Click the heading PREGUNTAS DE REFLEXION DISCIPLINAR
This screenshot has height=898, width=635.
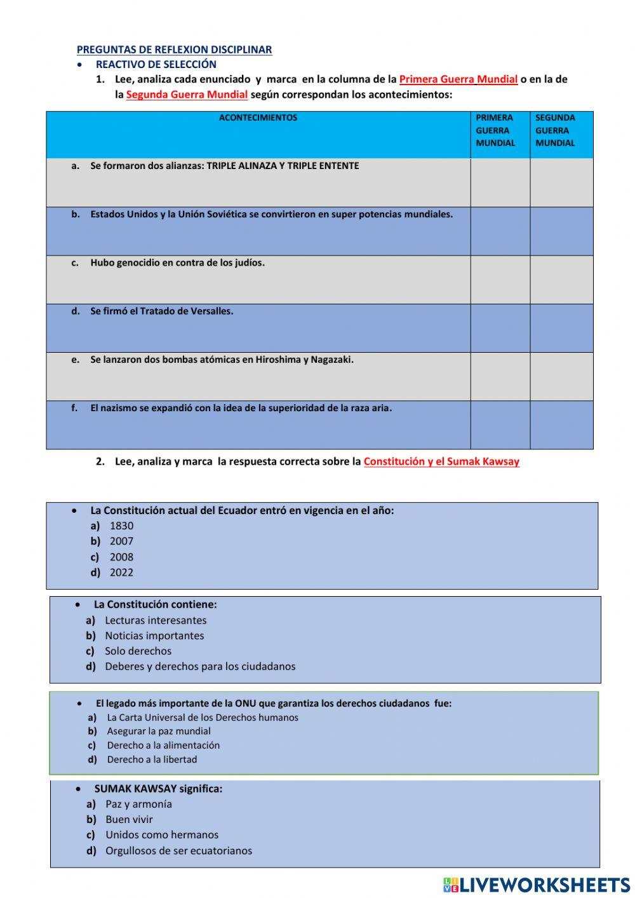click(x=174, y=50)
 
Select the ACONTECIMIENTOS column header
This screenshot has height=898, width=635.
click(x=258, y=118)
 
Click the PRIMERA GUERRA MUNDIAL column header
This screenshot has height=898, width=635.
click(x=495, y=130)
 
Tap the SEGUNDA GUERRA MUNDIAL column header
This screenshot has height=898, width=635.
click(x=555, y=130)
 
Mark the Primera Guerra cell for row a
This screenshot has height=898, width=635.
click(x=500, y=182)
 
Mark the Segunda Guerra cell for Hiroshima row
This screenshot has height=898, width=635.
click(x=561, y=376)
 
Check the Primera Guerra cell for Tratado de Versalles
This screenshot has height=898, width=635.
click(x=500, y=328)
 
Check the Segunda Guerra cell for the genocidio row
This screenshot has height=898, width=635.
click(x=561, y=280)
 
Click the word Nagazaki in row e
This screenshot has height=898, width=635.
click(x=331, y=360)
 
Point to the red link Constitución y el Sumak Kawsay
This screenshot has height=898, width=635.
click(x=441, y=461)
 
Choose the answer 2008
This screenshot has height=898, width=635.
click(x=121, y=557)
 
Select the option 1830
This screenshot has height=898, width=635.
click(x=121, y=526)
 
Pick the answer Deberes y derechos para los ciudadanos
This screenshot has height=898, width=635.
click(x=200, y=667)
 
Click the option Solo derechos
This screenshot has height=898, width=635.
click(x=138, y=651)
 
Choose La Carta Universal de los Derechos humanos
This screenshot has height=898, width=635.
click(x=203, y=718)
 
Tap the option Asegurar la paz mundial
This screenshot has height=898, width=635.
click(x=159, y=731)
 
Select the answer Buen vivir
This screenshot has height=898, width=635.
click(x=129, y=819)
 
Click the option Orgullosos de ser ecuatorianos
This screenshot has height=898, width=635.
click(x=178, y=850)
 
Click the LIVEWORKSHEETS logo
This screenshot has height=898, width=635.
click(x=537, y=885)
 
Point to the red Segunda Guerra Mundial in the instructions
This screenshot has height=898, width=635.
click(x=187, y=95)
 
